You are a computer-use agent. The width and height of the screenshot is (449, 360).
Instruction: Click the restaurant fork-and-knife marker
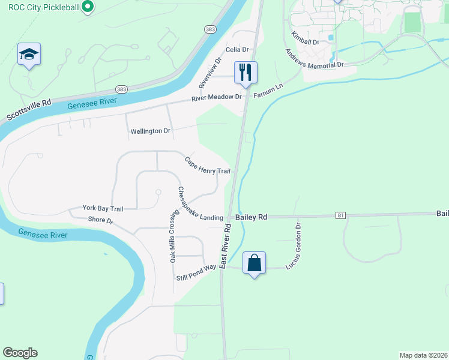[x=246, y=72]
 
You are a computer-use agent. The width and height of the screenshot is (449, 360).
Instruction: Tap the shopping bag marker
[x=254, y=263]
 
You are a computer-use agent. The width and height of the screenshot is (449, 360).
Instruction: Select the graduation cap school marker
[x=29, y=54]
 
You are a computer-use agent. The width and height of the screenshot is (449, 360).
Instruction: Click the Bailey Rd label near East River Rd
[x=251, y=217]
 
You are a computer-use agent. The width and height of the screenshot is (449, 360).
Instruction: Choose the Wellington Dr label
[x=150, y=131]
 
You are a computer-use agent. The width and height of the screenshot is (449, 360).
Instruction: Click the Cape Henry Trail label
[x=208, y=166]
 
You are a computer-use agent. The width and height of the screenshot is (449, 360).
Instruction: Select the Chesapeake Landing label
[x=200, y=204]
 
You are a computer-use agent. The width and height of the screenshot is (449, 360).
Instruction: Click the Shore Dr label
[x=101, y=220]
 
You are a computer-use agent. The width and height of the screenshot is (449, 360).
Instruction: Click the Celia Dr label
[x=237, y=49]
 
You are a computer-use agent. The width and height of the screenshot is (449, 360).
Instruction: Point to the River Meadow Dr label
[x=216, y=97]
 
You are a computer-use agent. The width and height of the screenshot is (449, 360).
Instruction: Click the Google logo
[x=20, y=353]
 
